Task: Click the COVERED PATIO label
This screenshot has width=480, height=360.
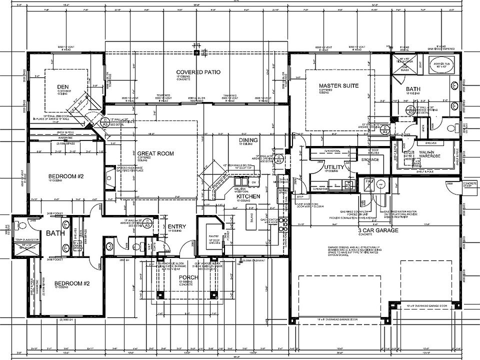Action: pyautogui.click(x=198, y=72)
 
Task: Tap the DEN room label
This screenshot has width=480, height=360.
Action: pyautogui.click(x=62, y=86)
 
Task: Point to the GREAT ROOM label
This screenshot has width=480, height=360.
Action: pyautogui.click(x=155, y=153)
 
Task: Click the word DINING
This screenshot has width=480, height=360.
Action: pyautogui.click(x=248, y=140)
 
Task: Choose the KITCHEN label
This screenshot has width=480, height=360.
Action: pyautogui.click(x=248, y=197)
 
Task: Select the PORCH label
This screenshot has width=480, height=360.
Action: pyautogui.click(x=188, y=277)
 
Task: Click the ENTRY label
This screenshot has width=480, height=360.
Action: pyautogui.click(x=177, y=226)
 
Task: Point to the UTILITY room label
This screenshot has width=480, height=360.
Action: pyautogui.click(x=332, y=167)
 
